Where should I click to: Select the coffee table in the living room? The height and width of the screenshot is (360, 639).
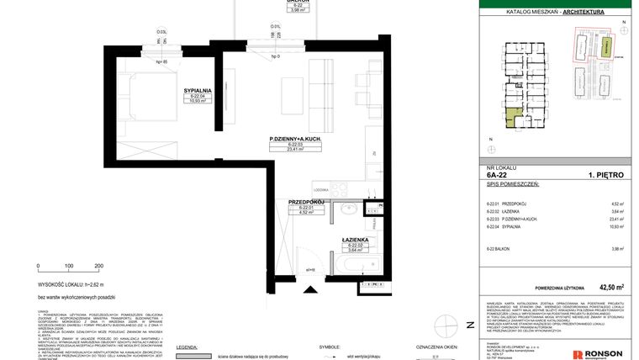point(292,89)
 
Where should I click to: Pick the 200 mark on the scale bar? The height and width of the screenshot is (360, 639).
point(99,266)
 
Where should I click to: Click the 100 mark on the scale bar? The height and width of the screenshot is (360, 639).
point(68,266)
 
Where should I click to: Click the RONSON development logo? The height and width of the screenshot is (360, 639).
point(600,354)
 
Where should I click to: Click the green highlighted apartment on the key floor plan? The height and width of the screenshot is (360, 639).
point(512,119)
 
